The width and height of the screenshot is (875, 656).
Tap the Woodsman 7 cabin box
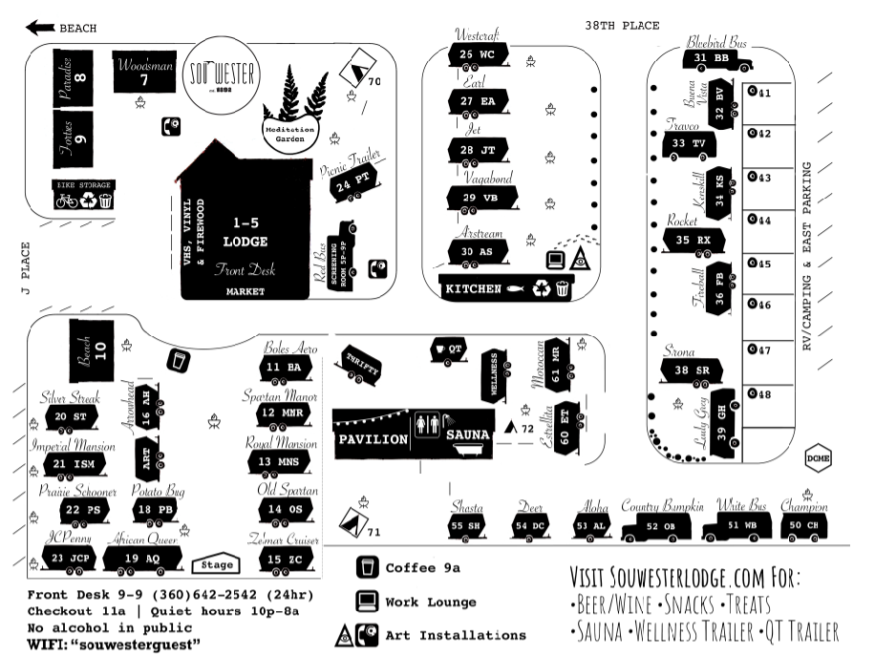click(x=144, y=73)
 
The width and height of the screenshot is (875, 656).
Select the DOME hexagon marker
click(x=817, y=456)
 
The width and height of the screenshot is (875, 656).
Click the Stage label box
click(x=215, y=564)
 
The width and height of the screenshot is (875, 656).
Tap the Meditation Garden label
click(x=295, y=133)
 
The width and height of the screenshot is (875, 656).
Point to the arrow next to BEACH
click(x=41, y=28)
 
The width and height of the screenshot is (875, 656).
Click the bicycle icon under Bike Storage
click(x=67, y=201)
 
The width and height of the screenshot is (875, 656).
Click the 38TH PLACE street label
click(x=621, y=26)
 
